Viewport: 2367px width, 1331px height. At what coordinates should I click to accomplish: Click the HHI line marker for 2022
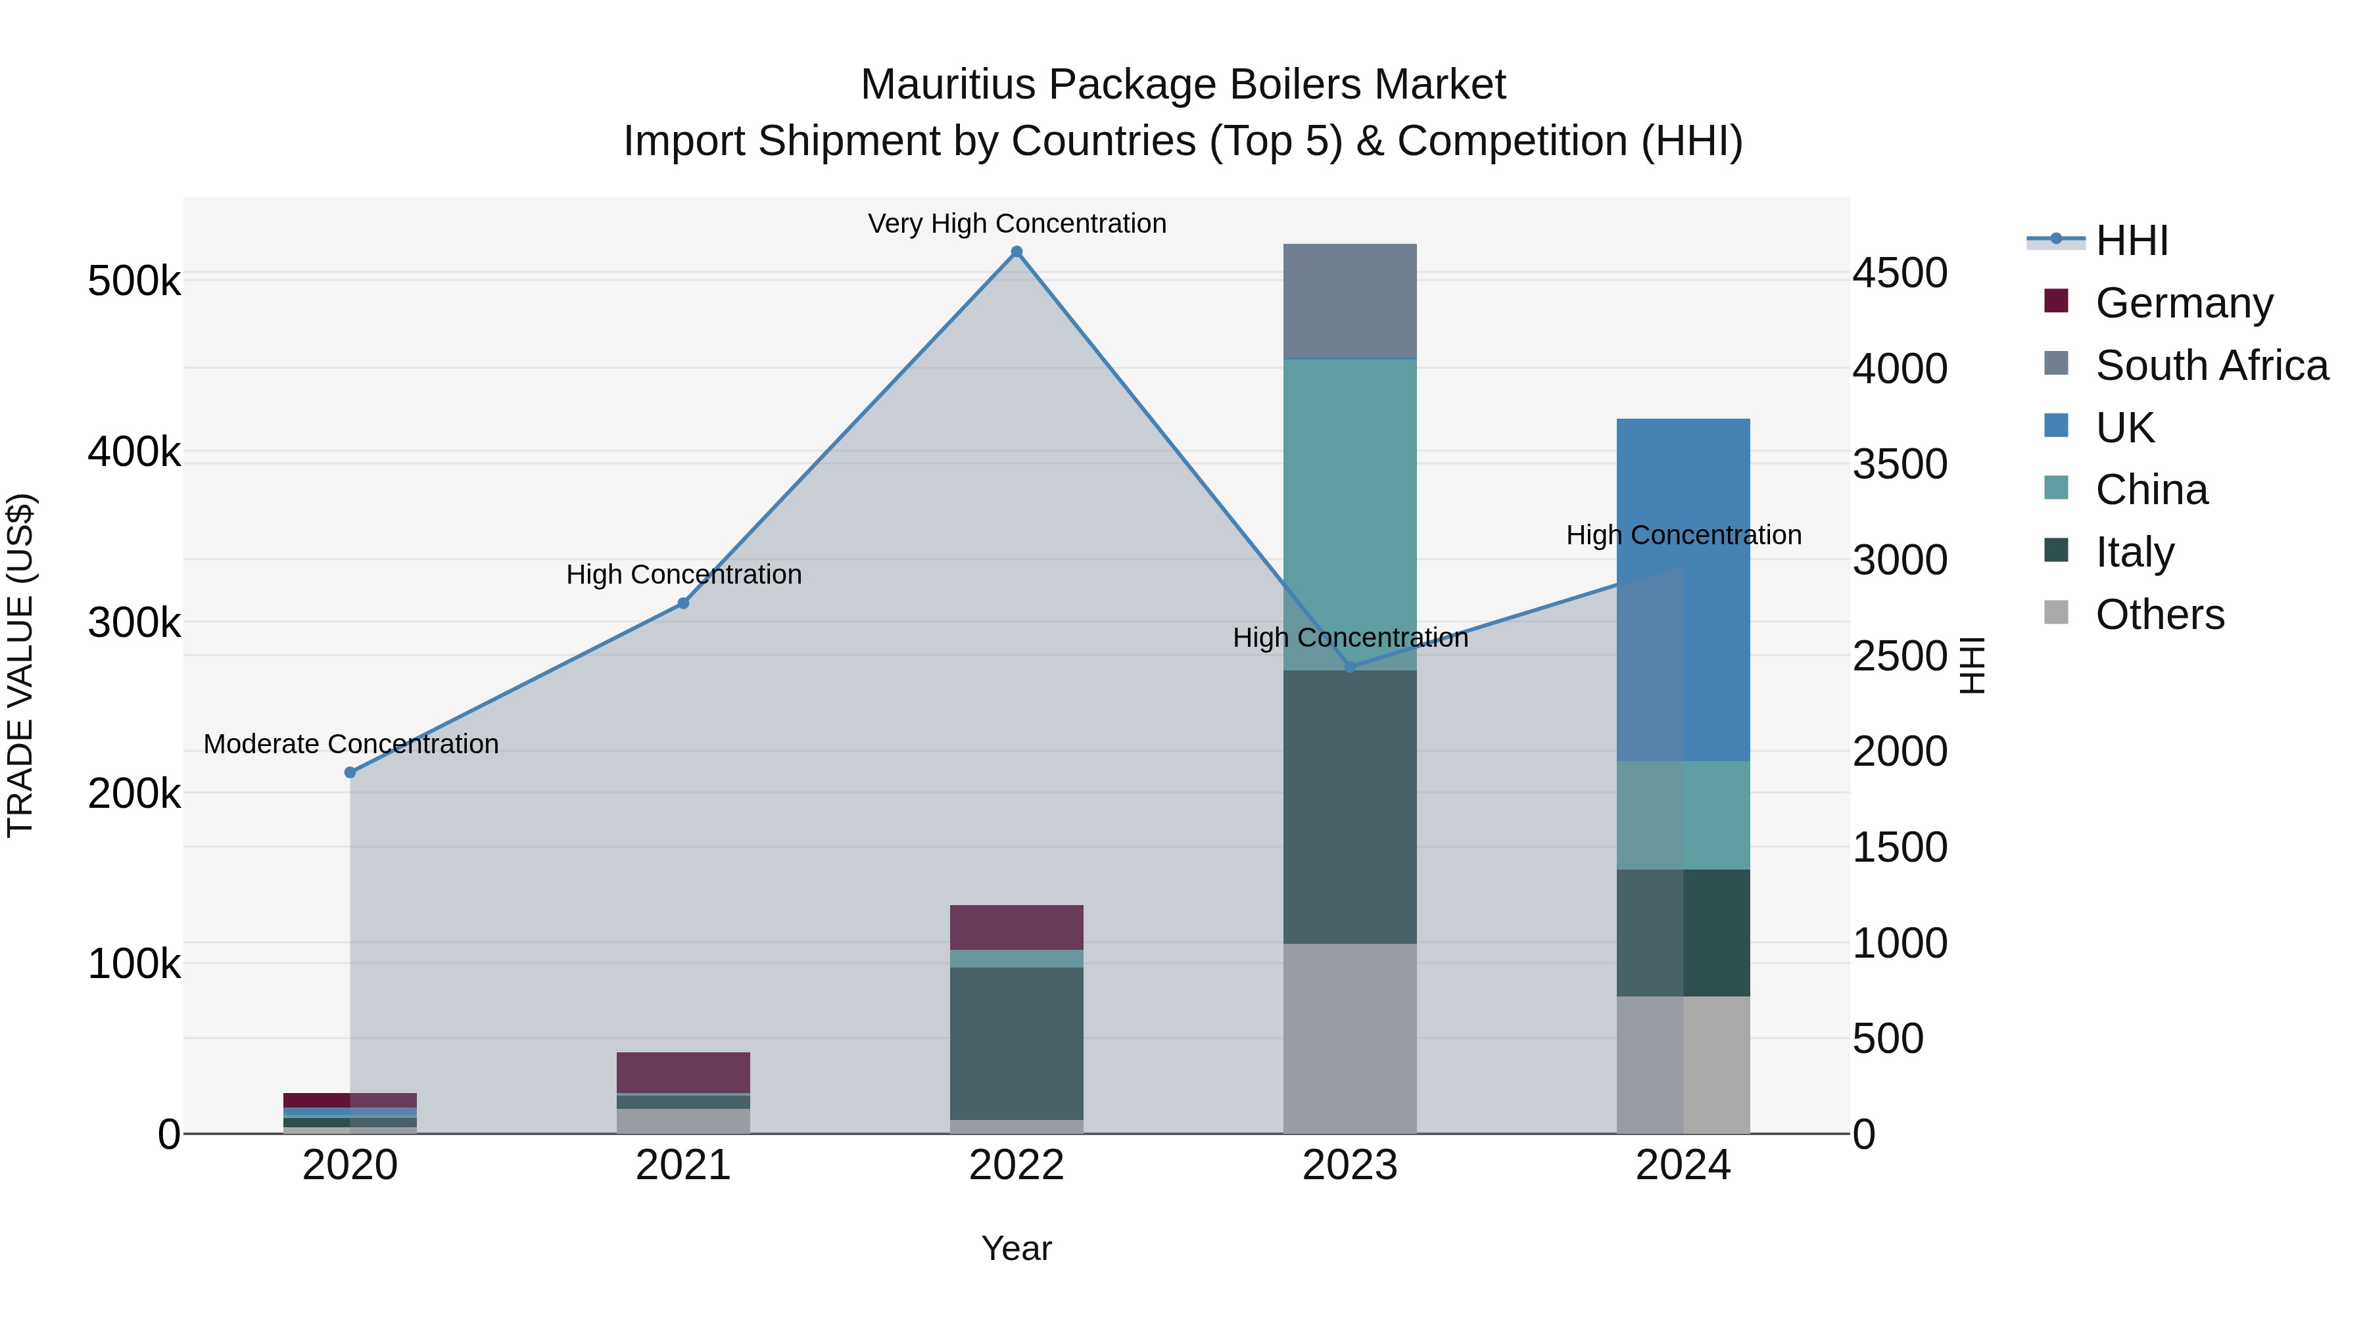click(1016, 252)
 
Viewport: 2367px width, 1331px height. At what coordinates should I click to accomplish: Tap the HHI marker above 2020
click(350, 772)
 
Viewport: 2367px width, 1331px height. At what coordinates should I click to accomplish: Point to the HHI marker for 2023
click(1350, 667)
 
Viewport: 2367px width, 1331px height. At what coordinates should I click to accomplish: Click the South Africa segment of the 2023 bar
click(1350, 300)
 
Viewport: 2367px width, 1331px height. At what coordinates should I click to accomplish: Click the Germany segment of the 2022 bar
click(1016, 927)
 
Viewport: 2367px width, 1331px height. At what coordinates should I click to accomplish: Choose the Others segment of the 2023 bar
click(1350, 1038)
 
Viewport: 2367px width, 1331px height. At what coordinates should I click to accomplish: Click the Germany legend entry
click(2183, 302)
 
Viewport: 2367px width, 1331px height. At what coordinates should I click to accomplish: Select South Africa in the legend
click(2211, 365)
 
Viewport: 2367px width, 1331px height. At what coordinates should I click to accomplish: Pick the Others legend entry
click(2159, 614)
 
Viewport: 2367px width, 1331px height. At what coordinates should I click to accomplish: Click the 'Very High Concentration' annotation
click(1017, 223)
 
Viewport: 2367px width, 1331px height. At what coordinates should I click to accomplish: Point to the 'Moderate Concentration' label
click(351, 743)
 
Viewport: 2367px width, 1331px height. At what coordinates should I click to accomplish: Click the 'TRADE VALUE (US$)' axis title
click(20, 665)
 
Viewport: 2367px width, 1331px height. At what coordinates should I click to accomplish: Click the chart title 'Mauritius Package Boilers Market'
click(1183, 85)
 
